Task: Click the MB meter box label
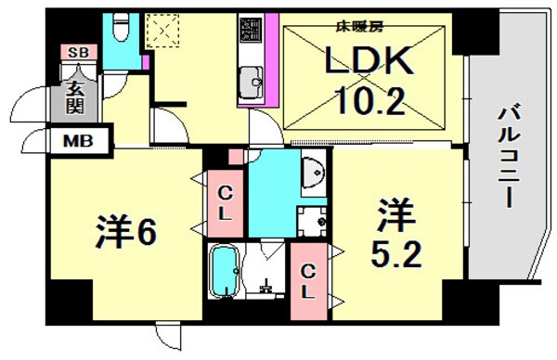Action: [x=76, y=142]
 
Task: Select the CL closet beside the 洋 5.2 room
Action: [x=306, y=276]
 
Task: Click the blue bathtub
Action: [x=225, y=271]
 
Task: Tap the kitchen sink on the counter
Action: [x=250, y=86]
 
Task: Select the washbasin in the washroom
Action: [x=314, y=172]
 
